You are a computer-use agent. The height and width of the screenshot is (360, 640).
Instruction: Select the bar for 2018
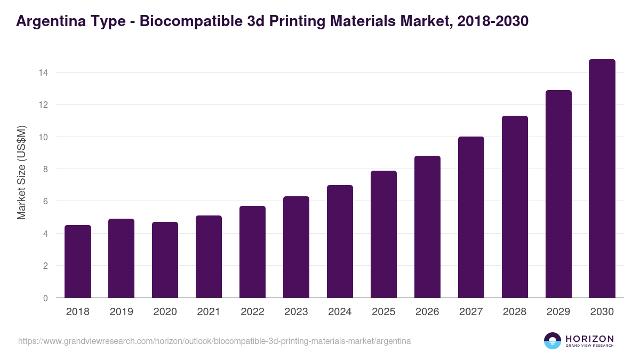pyautogui.click(x=78, y=261)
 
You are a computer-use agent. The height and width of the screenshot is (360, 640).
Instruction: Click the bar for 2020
pyautogui.click(x=165, y=260)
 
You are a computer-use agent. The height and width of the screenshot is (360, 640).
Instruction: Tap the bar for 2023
pyautogui.click(x=296, y=247)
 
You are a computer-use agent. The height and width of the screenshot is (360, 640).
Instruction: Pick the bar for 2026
pyautogui.click(x=427, y=227)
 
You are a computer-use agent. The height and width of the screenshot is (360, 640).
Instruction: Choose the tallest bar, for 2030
pyautogui.click(x=602, y=179)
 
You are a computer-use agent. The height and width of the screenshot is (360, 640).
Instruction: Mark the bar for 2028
pyautogui.click(x=515, y=207)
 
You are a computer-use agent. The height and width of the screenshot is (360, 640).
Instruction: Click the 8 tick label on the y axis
pyautogui.click(x=46, y=169)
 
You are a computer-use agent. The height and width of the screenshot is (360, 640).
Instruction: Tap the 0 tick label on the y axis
pyautogui.click(x=46, y=298)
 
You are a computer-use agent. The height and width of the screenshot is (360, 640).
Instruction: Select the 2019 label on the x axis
pyautogui.click(x=122, y=312)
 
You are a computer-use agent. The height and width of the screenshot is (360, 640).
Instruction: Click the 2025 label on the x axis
pyautogui.click(x=383, y=312)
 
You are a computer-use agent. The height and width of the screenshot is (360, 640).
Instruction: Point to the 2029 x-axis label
pyautogui.click(x=558, y=312)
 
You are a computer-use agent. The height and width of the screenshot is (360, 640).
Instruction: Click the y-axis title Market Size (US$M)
pyautogui.click(x=21, y=172)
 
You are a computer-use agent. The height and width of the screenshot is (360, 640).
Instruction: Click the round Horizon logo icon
pyautogui.click(x=553, y=341)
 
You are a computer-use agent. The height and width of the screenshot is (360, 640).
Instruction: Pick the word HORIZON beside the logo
pyautogui.click(x=589, y=339)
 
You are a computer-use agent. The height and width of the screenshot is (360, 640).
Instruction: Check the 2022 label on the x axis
pyautogui.click(x=252, y=312)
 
